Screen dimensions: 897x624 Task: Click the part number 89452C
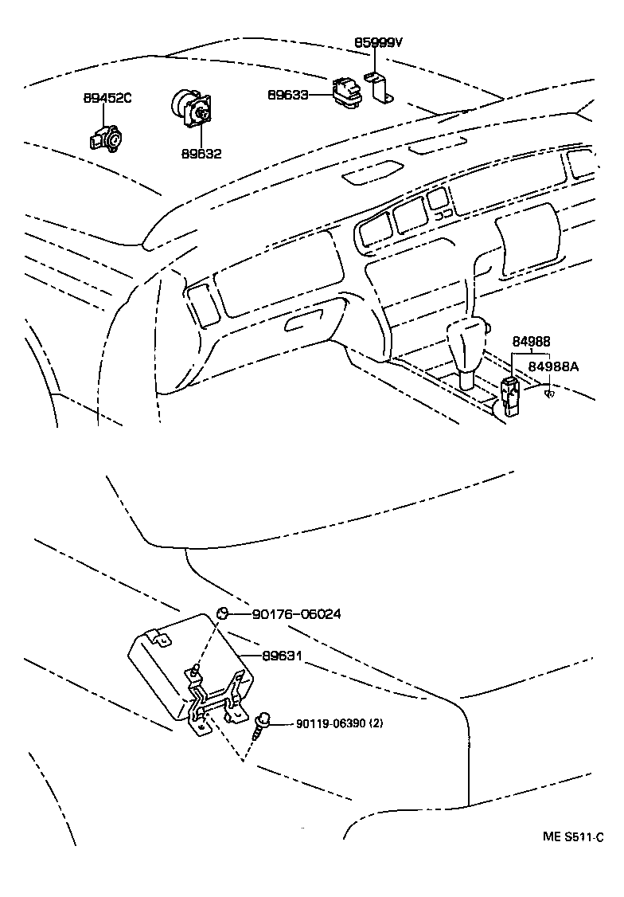[x=107, y=99]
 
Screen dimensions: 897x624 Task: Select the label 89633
[x=288, y=95]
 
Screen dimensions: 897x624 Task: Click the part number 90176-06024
[x=296, y=614]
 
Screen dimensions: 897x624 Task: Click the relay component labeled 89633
[x=348, y=90]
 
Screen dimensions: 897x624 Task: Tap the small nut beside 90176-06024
[x=224, y=613]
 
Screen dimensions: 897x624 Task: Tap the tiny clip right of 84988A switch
[x=548, y=394]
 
